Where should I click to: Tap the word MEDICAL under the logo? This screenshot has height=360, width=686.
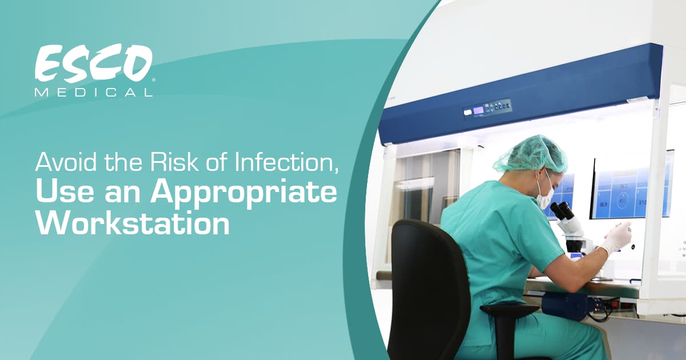coord(94,93)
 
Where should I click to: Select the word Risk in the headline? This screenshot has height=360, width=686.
coord(174,162)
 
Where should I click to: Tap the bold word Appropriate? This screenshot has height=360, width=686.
coord(244,194)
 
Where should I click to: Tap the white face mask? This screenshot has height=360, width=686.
coord(545,194)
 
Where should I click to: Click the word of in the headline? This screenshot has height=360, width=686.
coord(217,162)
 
